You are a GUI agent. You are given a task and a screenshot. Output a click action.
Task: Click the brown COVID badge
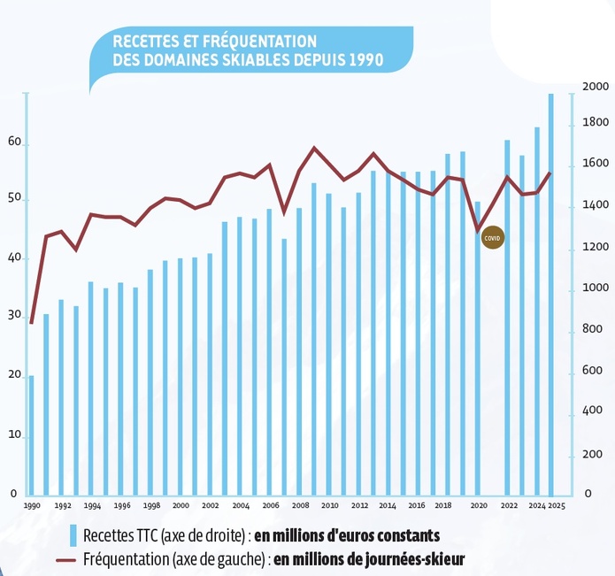point(492,238)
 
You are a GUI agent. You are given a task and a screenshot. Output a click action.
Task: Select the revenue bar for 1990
point(31,434)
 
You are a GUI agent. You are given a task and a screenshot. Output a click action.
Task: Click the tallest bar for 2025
point(550,292)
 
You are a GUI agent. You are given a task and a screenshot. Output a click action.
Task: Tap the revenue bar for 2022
point(507,316)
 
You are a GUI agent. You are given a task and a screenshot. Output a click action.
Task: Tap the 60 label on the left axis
point(13,142)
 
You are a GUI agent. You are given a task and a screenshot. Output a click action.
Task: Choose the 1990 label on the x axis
point(32,506)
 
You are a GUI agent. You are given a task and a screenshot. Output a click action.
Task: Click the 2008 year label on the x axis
point(299,506)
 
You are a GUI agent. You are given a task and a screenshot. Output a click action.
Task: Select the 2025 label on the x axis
point(557,506)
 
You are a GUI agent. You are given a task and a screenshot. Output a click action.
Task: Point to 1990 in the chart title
point(364,59)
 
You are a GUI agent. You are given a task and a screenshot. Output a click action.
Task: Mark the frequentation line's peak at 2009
point(314,148)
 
